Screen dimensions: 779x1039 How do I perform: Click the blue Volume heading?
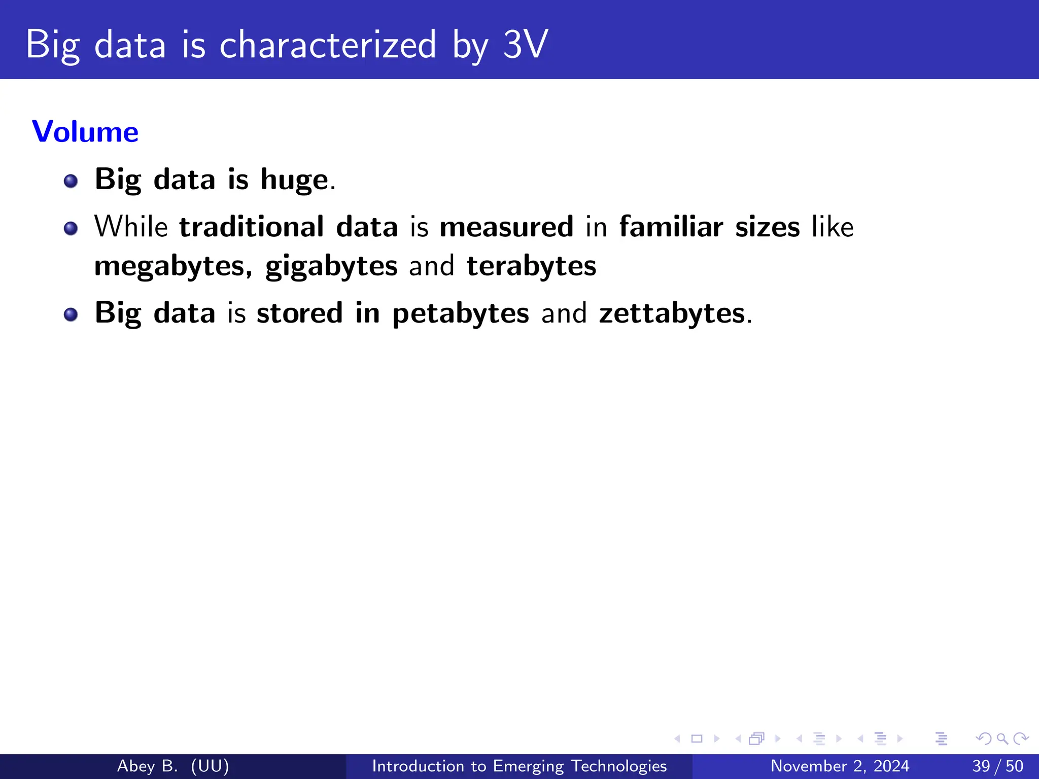coord(85,132)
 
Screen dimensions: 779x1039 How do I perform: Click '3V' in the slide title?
coord(525,45)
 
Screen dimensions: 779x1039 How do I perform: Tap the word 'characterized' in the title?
coord(327,45)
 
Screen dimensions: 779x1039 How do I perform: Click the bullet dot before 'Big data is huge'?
coord(71,181)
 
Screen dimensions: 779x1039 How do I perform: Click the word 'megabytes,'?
coord(173,266)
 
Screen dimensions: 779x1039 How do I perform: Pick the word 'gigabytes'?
coord(331,266)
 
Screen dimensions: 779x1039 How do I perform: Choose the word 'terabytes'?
coord(531,266)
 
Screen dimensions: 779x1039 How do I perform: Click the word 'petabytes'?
coord(461,313)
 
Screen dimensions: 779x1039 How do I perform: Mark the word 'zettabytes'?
coord(672,313)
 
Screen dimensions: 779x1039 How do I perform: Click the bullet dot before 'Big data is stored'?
coord(71,314)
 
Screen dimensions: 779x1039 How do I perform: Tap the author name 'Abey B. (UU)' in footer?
coord(173,766)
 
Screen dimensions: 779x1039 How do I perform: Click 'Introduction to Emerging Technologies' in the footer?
coord(519,766)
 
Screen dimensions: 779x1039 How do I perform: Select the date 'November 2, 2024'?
coord(840,766)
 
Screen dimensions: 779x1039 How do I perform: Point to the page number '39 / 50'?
coord(997,766)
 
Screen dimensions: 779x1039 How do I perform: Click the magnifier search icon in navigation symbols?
coord(1002,738)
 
